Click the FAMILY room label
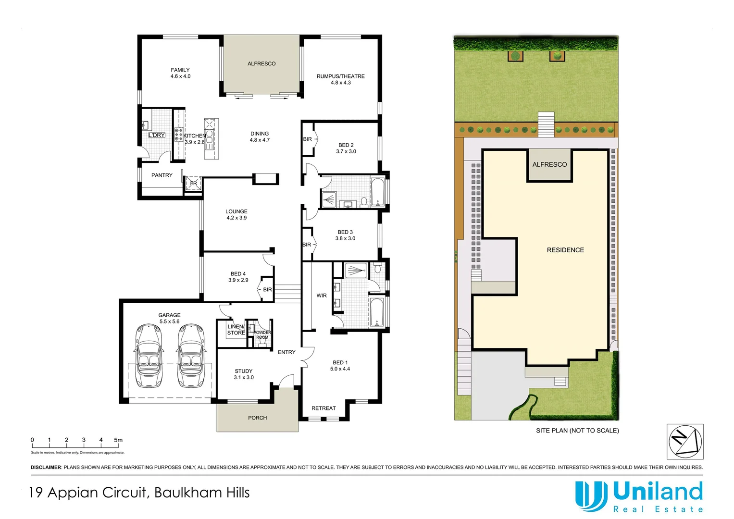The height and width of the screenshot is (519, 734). [x=180, y=70]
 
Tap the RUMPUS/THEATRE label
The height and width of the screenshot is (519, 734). [x=340, y=76]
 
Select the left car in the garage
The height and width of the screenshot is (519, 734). [x=149, y=356]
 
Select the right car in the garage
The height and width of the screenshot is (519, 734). [x=191, y=356]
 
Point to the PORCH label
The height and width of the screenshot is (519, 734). [x=257, y=418]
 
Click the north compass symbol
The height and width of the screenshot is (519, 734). [x=685, y=441]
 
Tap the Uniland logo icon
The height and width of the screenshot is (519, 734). [x=591, y=496]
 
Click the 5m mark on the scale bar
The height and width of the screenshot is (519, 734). [x=118, y=440]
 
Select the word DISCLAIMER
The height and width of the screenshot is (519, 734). [x=46, y=467]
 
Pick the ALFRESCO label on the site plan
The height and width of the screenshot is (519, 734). [x=549, y=164]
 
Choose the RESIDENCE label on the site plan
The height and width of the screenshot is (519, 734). [x=565, y=250]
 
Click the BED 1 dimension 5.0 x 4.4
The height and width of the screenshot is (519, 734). [x=340, y=369]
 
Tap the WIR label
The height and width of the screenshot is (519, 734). [x=322, y=296]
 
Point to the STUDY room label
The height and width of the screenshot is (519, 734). [x=243, y=371]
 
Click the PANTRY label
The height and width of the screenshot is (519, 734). [x=162, y=175]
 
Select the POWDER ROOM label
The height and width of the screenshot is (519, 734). [x=262, y=334]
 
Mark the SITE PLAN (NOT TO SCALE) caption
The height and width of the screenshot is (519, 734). [x=577, y=431]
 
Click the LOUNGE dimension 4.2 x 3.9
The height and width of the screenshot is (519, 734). [x=236, y=218]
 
